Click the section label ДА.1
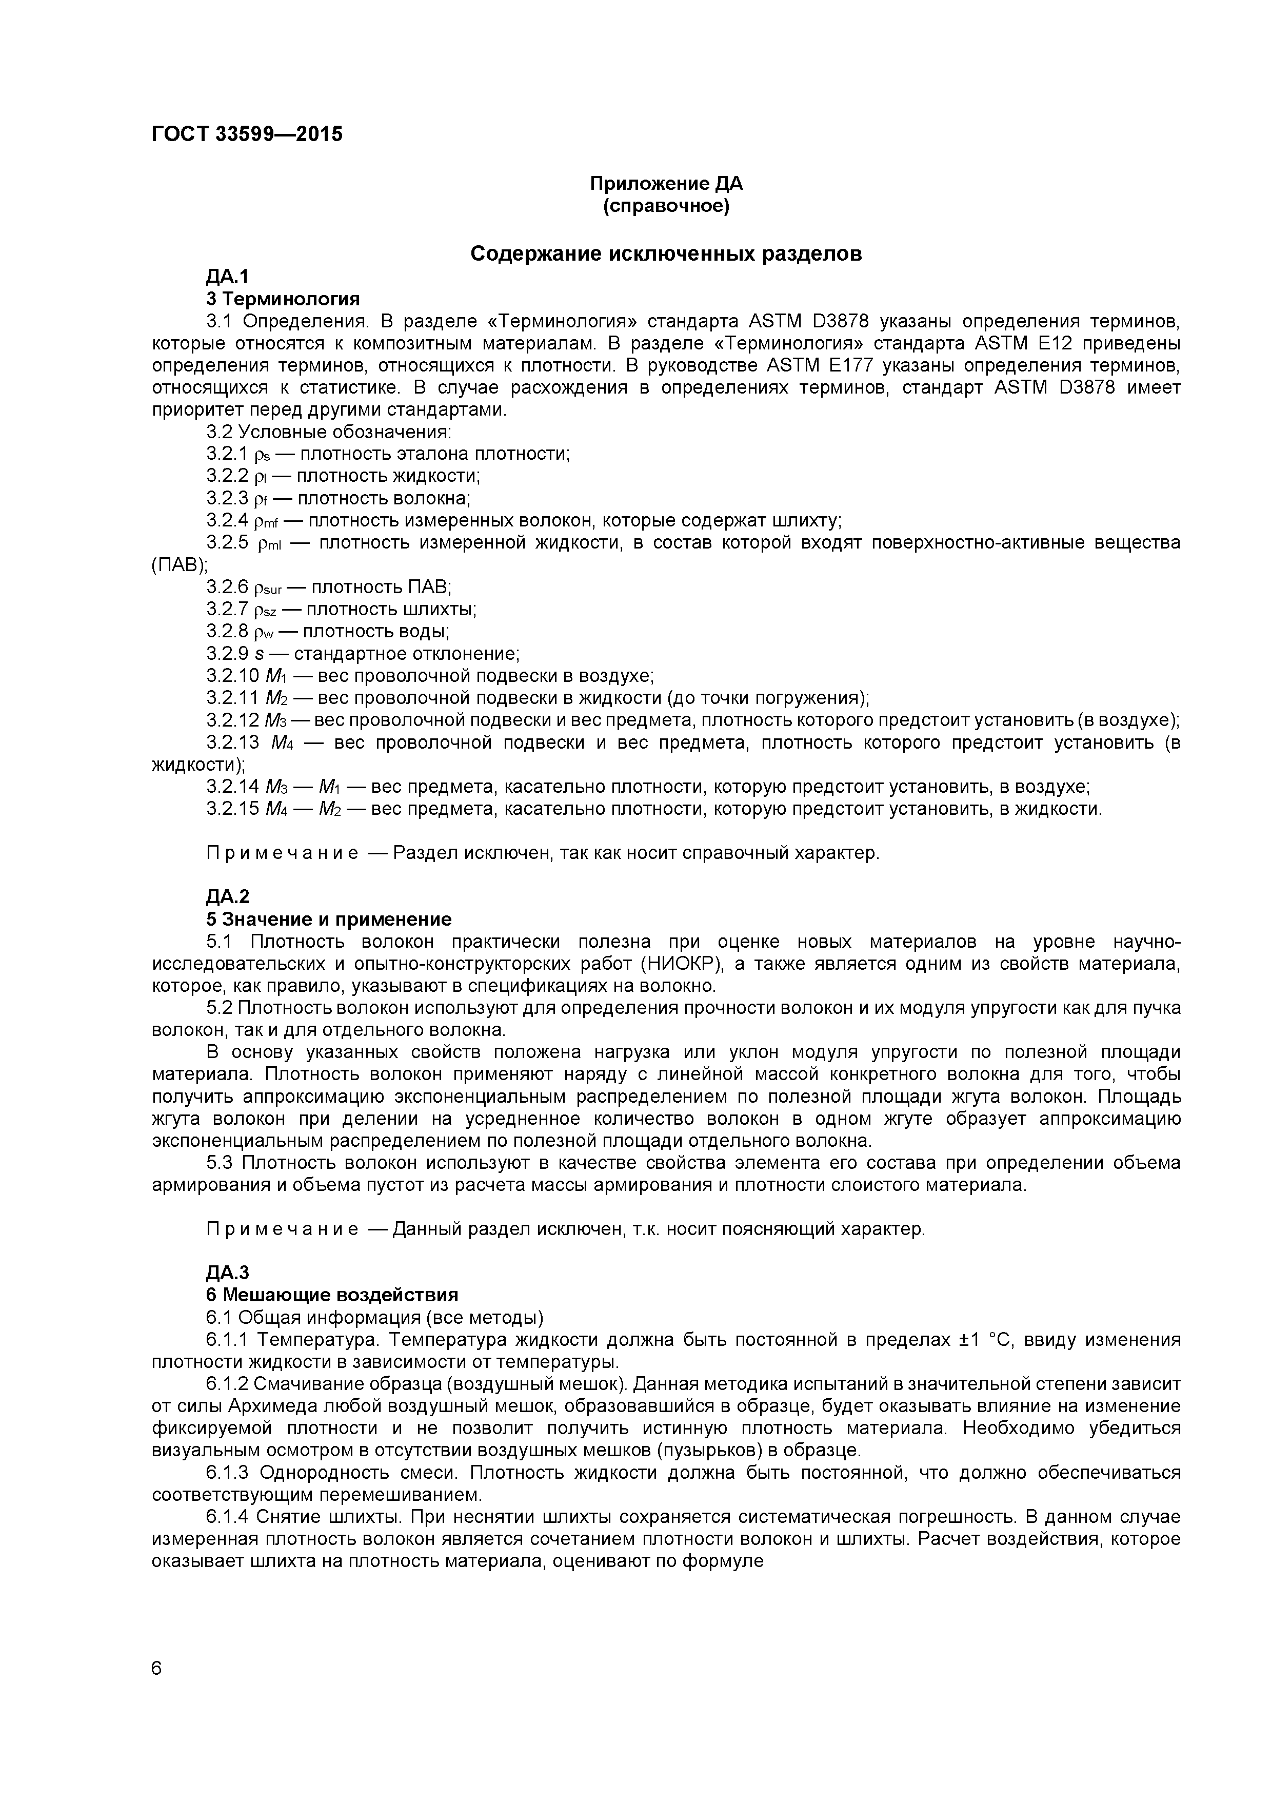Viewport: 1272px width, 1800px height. point(227,277)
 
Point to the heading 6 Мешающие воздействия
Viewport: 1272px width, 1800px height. point(332,1295)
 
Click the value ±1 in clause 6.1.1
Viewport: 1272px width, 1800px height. point(971,1339)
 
